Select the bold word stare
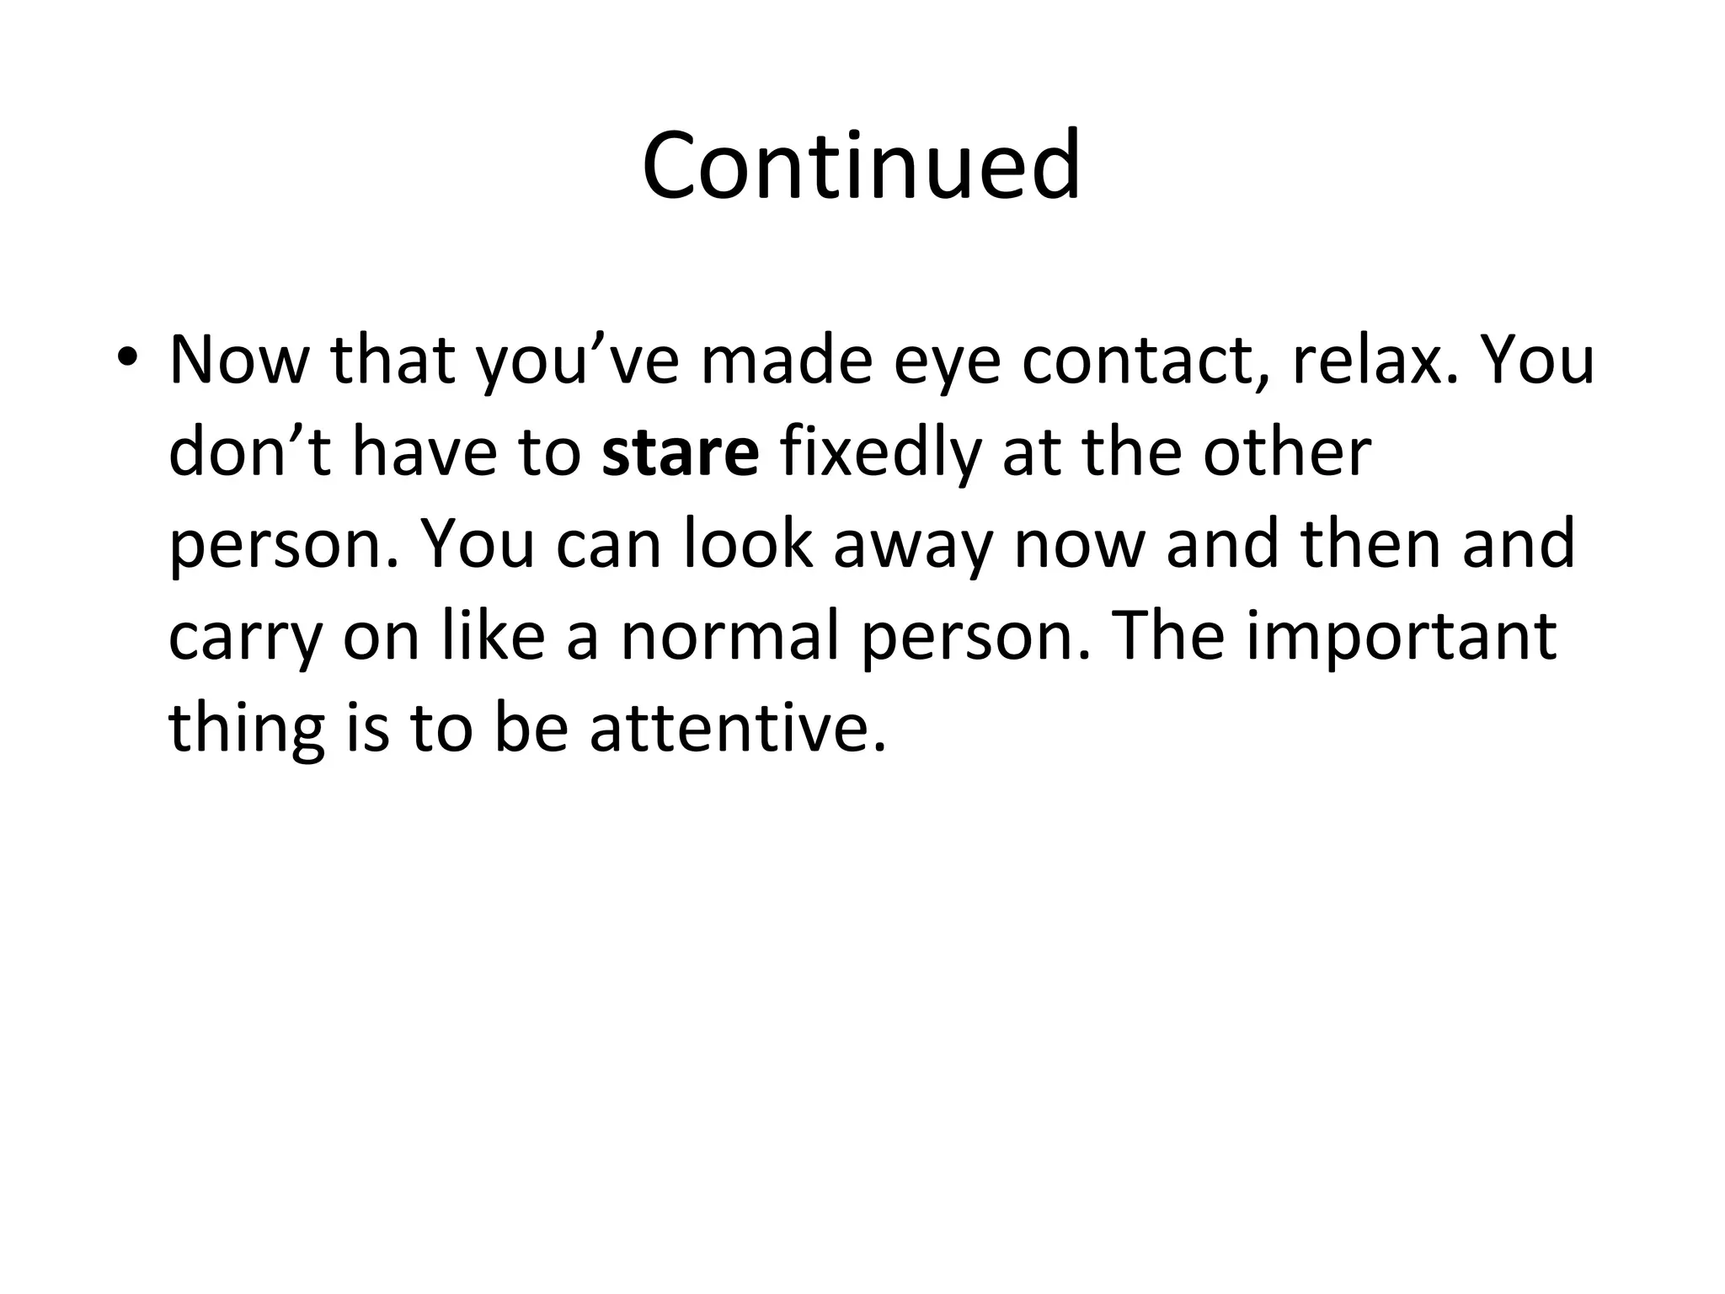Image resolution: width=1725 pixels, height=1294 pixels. [x=681, y=452]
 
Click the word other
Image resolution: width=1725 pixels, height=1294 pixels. [x=1286, y=452]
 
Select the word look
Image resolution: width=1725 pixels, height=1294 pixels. [x=748, y=543]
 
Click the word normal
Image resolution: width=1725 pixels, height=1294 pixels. [x=730, y=636]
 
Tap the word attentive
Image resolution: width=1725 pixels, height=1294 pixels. [x=738, y=729]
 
